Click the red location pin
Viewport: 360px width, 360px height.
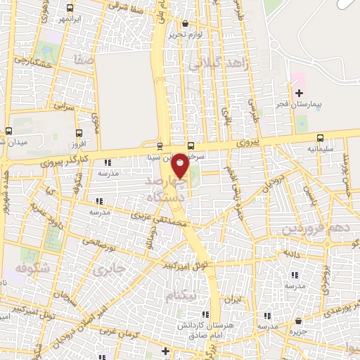180,165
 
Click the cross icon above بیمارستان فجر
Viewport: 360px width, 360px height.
299,94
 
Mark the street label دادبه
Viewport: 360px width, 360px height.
291,251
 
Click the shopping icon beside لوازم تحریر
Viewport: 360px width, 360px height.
184,24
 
